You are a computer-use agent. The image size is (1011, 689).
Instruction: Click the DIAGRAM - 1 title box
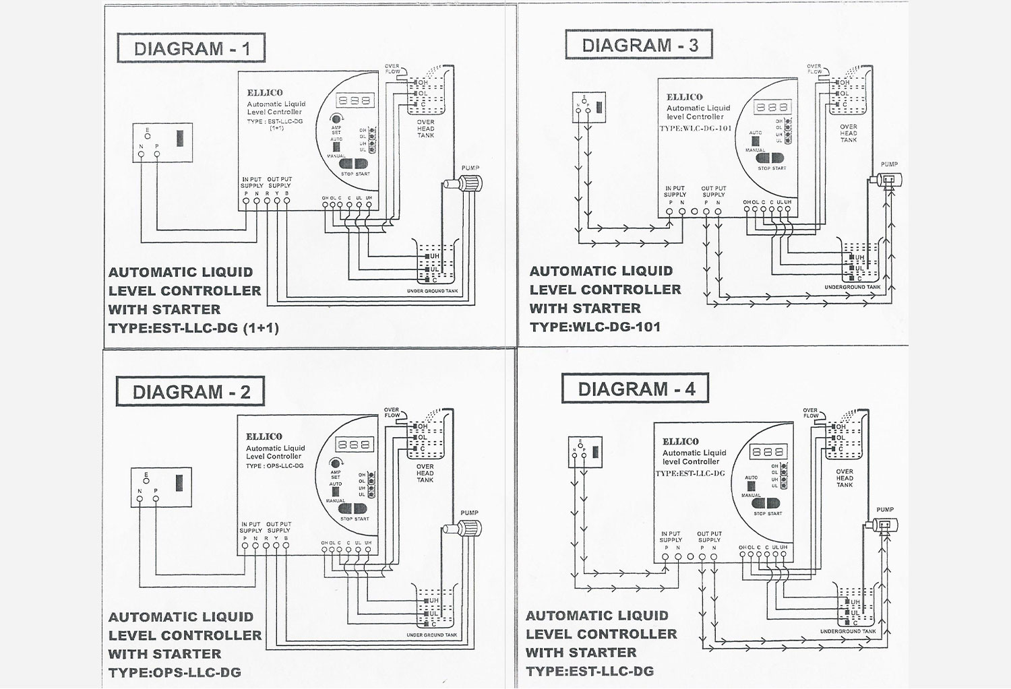[x=191, y=48]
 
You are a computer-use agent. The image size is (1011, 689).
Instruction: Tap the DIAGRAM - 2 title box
[x=190, y=392]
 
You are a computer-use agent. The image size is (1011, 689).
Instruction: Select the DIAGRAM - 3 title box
[x=639, y=45]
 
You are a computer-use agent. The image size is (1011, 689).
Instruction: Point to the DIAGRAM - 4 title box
[x=636, y=389]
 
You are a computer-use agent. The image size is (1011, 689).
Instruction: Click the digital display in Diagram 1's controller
[x=355, y=100]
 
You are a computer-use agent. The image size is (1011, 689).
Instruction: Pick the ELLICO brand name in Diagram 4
[x=681, y=442]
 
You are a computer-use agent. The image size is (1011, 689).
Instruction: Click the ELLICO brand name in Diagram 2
[x=264, y=436]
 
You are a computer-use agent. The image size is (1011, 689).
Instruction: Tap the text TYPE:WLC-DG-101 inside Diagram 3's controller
[x=695, y=128]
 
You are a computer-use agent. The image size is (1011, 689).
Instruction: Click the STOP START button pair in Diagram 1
[x=355, y=164]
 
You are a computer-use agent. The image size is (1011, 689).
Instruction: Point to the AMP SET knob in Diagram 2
[x=336, y=463]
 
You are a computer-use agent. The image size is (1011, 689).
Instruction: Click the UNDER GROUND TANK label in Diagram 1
[x=432, y=291]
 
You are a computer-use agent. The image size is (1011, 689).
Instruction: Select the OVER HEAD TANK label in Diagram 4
[x=845, y=478]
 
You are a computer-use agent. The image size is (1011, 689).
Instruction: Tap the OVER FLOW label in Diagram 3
[x=814, y=69]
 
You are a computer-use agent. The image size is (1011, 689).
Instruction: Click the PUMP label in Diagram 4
[x=885, y=510]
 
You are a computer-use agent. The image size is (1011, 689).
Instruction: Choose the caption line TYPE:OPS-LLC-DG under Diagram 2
[x=175, y=672]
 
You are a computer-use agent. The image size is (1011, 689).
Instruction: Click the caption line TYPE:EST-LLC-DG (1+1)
[x=193, y=328]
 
